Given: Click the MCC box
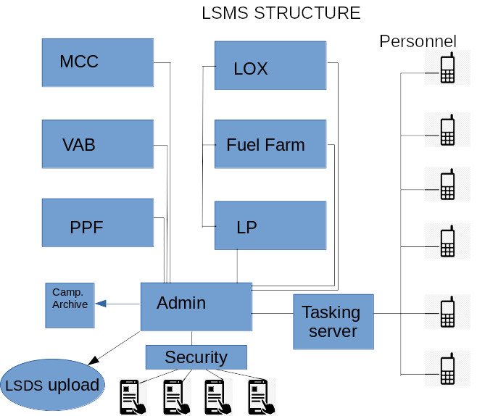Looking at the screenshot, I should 98,62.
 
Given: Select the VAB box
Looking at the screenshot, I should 98,144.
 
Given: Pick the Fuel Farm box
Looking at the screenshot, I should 270,145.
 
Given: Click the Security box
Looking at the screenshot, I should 196,357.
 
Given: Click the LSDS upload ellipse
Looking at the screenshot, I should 52,385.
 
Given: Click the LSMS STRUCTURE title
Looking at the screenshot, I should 281,13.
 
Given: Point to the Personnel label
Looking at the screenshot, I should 418,41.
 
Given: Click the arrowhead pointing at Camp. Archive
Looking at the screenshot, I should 101,304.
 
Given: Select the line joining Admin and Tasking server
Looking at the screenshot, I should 273,314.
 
